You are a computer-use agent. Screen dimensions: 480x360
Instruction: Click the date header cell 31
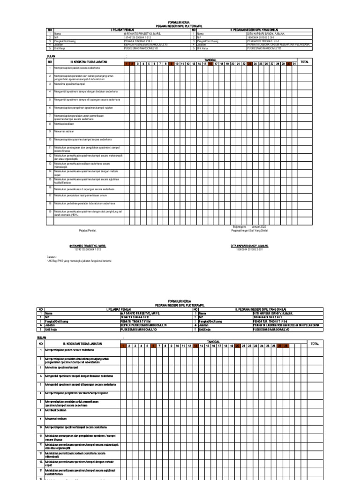[294, 63]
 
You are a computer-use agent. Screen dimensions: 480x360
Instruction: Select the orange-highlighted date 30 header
[289, 63]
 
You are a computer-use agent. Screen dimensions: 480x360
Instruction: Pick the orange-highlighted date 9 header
[172, 63]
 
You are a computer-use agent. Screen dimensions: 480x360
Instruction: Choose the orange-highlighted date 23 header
[250, 63]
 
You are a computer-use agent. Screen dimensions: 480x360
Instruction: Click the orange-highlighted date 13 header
[195, 346]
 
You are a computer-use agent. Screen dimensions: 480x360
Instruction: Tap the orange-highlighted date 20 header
[238, 346]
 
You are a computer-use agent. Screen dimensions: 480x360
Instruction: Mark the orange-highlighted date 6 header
[153, 346]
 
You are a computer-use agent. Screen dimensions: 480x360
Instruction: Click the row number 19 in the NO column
[50, 211]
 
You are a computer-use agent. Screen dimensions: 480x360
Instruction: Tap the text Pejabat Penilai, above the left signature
[88, 231]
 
